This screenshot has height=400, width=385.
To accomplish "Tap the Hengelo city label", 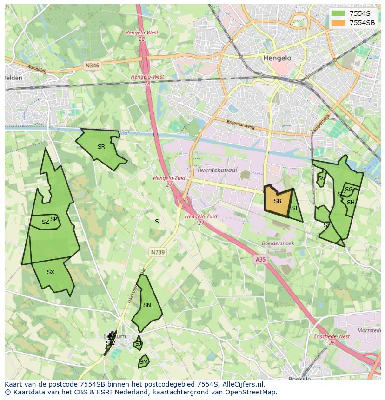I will tap(277, 58).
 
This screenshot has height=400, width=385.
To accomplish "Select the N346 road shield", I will tap(93, 66).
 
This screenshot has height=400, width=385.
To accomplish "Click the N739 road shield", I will tap(158, 252).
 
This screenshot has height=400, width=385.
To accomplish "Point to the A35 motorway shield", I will tap(260, 260).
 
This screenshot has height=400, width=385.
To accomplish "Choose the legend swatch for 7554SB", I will tap(338, 23).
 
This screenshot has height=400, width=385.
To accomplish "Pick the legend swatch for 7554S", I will tap(338, 13).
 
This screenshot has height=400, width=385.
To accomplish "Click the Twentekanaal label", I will tap(217, 170).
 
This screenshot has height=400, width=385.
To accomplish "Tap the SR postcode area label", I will tap(101, 147).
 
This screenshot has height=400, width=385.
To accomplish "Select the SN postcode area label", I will tap(147, 305).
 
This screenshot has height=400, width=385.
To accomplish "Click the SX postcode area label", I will tap(51, 272).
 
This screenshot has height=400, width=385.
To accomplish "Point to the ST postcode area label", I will tap(294, 208).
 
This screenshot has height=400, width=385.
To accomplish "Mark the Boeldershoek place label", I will tap(278, 243).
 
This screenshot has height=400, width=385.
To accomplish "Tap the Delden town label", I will tap(13, 78).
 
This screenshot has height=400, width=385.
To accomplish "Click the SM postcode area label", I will tap(144, 361).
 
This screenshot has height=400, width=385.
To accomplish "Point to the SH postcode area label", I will tap(351, 202).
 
